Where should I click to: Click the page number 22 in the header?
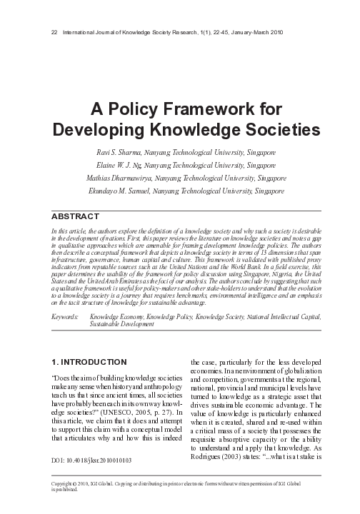click(x=48, y=34)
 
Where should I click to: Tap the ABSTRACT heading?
click(x=74, y=216)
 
